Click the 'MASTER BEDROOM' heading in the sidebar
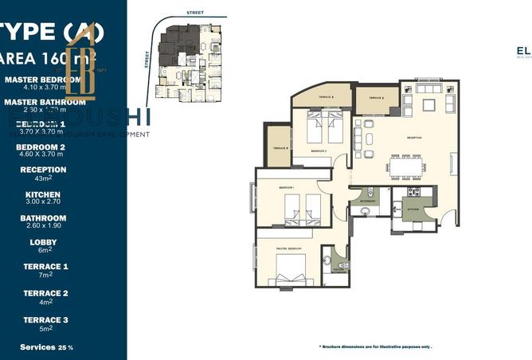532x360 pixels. coord(42,80)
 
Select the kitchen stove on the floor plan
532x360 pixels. coord(414,193)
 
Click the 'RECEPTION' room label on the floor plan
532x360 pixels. coord(414,137)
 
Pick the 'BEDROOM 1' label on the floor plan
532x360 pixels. coord(287,186)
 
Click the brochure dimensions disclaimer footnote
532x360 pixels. coord(377,347)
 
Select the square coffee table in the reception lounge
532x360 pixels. coord(428,104)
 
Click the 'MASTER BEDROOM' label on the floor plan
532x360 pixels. coord(288,247)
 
